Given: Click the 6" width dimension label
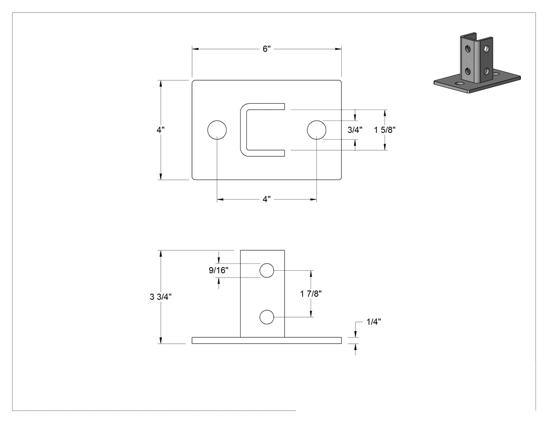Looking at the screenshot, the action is coord(267,49).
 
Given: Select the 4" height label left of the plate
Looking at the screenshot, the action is coord(160,130).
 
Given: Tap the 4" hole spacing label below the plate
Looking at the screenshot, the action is coord(267,199).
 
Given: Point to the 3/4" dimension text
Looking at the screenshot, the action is coord(355,130).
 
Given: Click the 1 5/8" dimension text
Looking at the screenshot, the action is coord(385,130).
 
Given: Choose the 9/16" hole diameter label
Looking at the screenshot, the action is coord(219,270).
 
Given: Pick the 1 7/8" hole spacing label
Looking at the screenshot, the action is coord(311,294).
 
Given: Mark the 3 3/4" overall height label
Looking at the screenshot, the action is coord(161,297).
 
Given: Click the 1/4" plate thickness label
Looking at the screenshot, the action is coord(374,322).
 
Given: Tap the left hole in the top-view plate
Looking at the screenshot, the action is coord(217,130).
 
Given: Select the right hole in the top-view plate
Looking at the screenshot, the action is coord(317,130).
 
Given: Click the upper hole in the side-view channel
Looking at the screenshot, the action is coord(267,270).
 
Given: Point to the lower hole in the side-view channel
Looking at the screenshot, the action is coord(267,317).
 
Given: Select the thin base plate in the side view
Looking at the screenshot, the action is coord(267,341).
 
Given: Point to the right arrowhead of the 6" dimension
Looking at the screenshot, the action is coord(338,49).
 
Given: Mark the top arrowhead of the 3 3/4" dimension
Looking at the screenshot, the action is coord(161,253).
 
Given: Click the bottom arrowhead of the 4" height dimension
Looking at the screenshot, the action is coord(161,176).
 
